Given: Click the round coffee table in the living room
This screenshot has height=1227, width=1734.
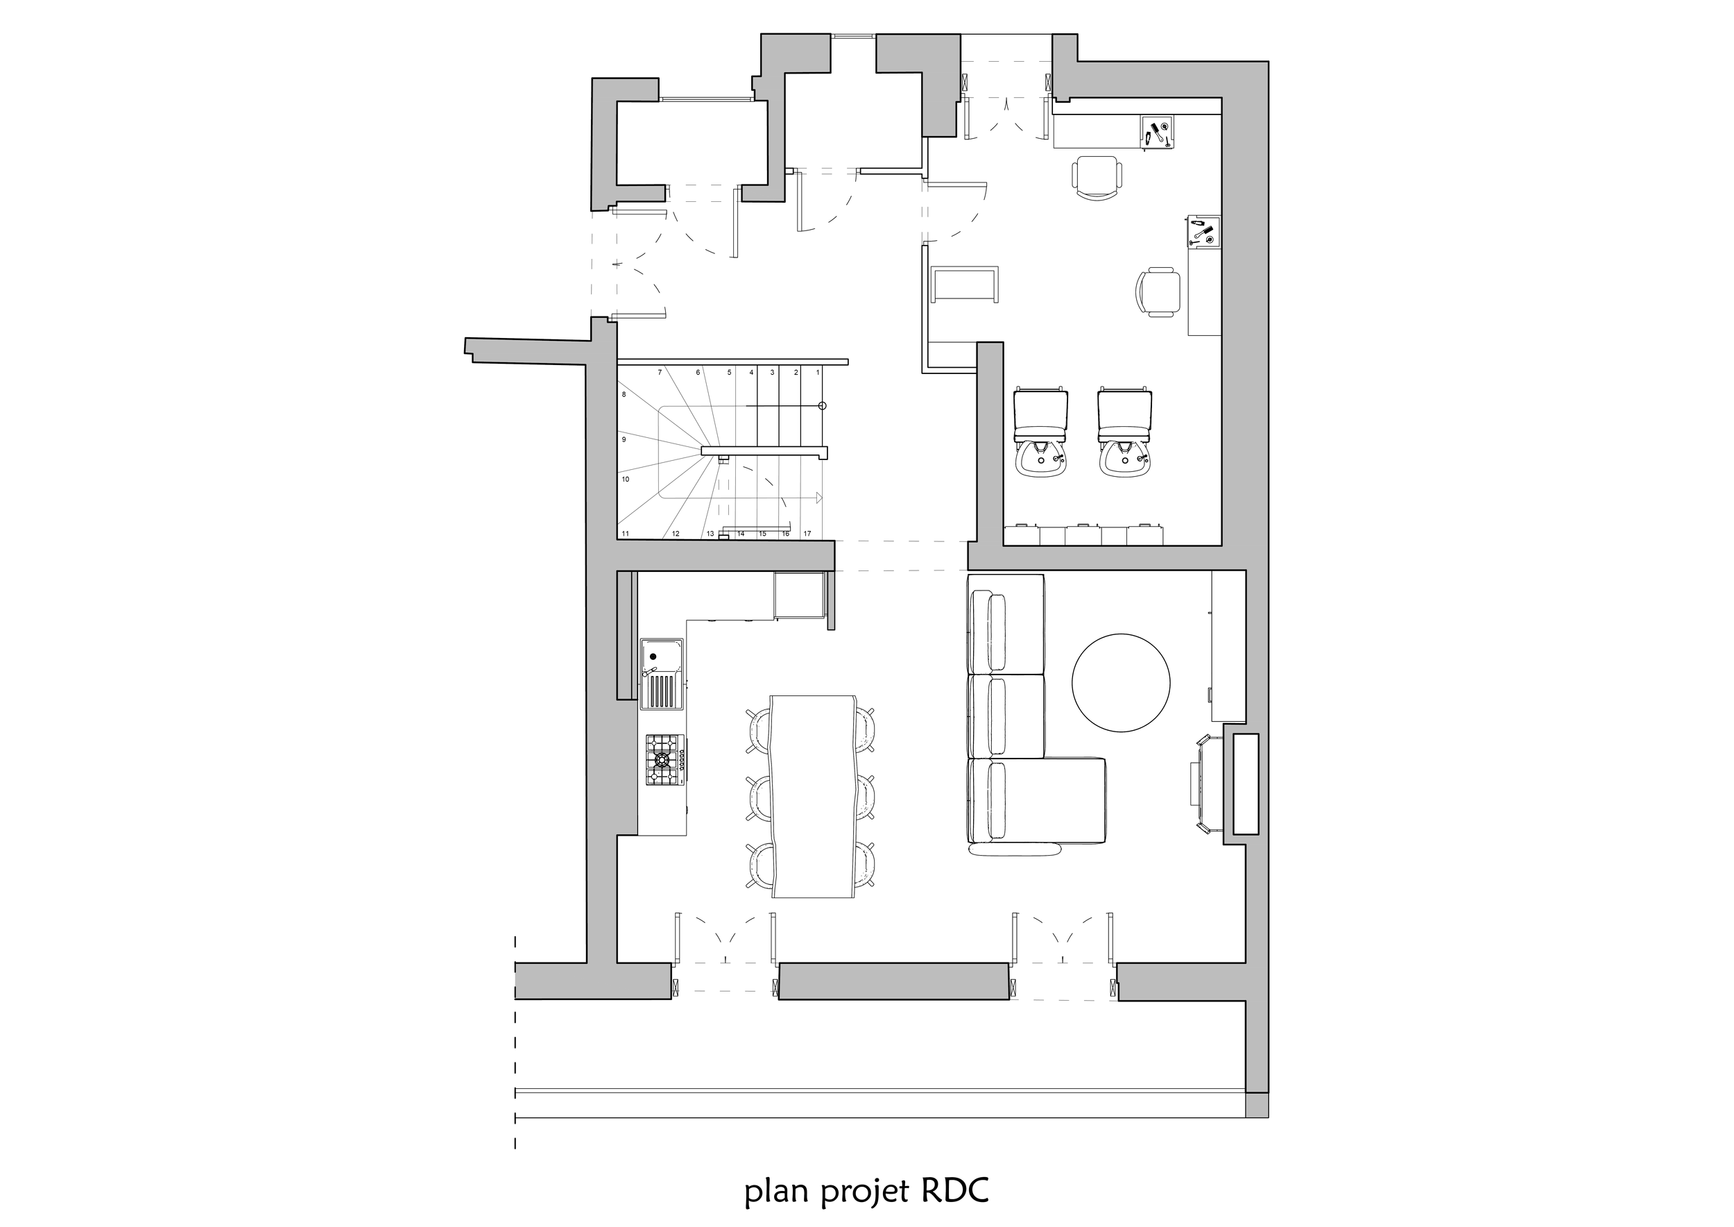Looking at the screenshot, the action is pyautogui.click(x=1121, y=683).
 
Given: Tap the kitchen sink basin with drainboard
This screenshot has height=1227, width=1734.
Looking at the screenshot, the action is pyautogui.click(x=662, y=674).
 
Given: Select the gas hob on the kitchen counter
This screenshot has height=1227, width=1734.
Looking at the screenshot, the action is pyautogui.click(x=665, y=760).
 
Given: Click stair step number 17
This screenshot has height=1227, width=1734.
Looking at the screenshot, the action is pyautogui.click(x=807, y=534).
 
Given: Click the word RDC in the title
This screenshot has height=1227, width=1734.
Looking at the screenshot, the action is pyautogui.click(x=954, y=1191).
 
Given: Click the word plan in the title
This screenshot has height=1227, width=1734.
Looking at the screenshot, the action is pyautogui.click(x=774, y=1193).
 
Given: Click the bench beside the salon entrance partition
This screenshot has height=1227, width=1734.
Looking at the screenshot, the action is pyautogui.click(x=965, y=285).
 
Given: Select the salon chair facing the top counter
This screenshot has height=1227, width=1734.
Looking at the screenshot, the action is pyautogui.click(x=1097, y=178).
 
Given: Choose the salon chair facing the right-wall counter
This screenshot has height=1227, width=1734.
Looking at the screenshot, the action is pyautogui.click(x=1158, y=291).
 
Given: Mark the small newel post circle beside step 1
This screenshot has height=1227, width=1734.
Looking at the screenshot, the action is pyautogui.click(x=823, y=406).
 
